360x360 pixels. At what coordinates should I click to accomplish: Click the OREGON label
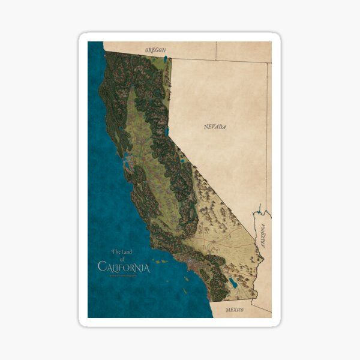(155, 50)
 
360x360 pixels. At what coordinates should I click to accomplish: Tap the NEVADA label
(215, 127)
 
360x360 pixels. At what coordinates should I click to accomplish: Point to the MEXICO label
(235, 310)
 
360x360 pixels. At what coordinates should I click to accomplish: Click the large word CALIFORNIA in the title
(124, 266)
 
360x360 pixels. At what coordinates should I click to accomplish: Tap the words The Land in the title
(123, 252)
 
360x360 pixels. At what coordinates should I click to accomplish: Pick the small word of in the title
(124, 259)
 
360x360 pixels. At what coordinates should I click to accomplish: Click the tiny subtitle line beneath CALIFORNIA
(123, 275)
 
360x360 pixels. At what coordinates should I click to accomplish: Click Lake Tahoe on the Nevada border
(166, 131)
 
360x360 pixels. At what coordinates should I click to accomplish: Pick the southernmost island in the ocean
(185, 292)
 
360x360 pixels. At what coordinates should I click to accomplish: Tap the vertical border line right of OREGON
(216, 51)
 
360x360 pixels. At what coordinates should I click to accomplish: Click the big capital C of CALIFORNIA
(102, 266)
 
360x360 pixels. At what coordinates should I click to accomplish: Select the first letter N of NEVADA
(206, 127)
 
